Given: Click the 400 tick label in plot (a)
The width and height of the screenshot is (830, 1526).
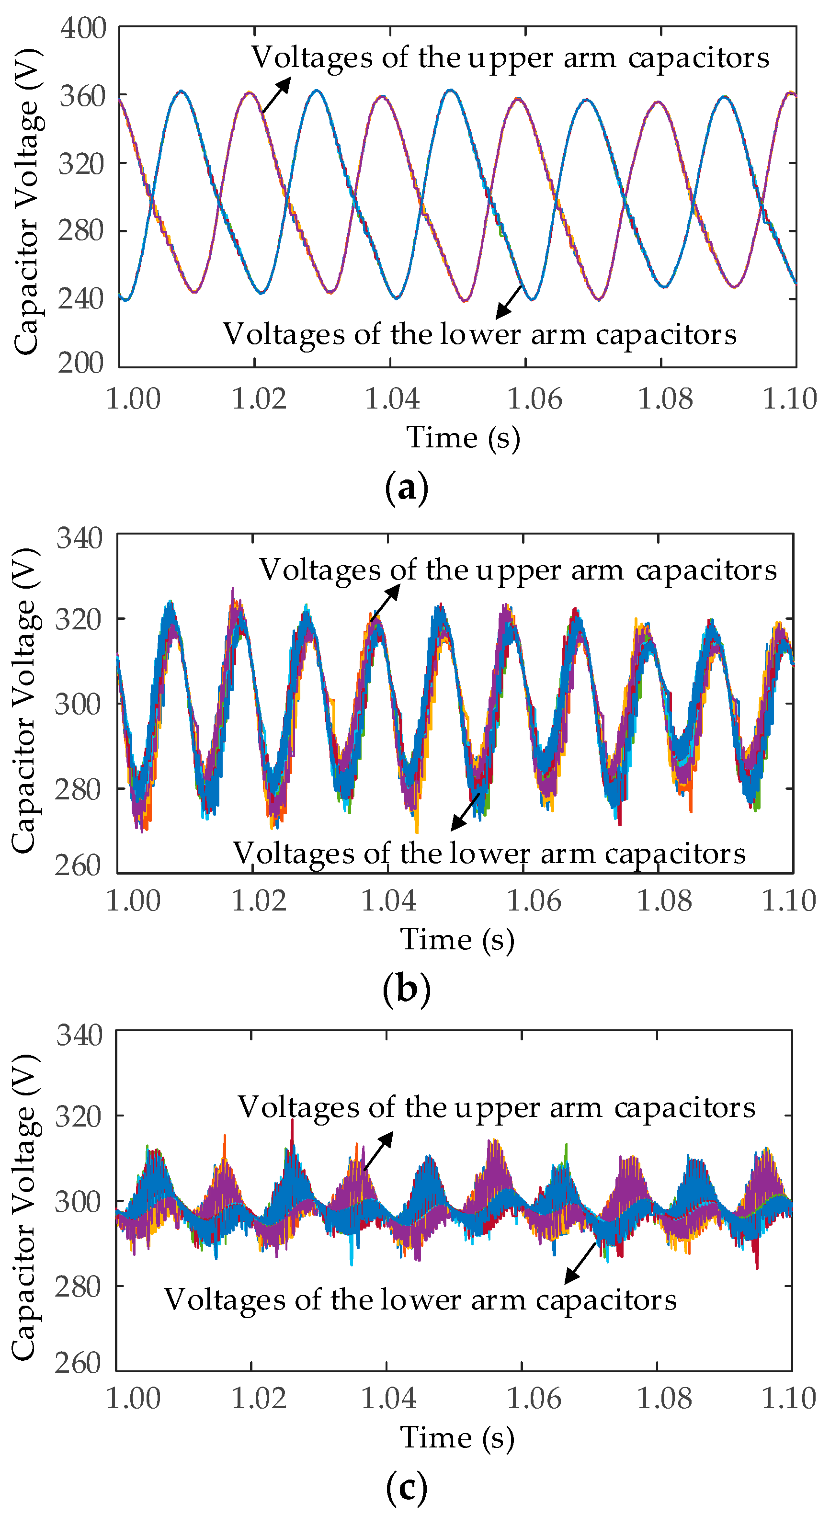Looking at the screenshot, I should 83,28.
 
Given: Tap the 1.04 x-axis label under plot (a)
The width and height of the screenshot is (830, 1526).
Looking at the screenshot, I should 392,399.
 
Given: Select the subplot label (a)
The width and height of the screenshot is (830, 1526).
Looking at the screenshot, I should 407,489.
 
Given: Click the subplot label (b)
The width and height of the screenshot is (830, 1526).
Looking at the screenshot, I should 407,989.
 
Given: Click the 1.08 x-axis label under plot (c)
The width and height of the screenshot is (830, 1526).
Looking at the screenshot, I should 663,1399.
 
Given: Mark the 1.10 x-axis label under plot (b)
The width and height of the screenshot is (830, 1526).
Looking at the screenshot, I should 788,901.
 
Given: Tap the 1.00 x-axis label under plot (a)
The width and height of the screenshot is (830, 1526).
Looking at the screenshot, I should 133,399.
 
